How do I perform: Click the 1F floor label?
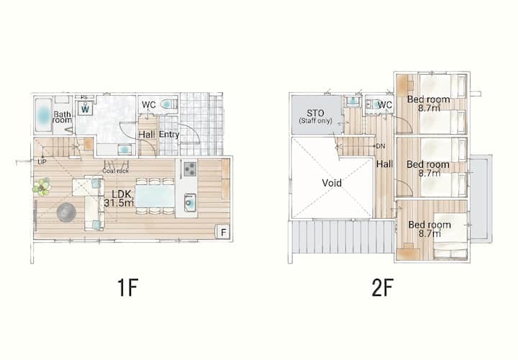pos(127,287)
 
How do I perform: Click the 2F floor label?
pos(383,287)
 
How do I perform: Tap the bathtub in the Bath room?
pos(43,115)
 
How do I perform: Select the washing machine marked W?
pos(85,108)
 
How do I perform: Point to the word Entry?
pos(169,135)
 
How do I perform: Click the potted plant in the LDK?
pos(42,187)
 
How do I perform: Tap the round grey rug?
pos(66,212)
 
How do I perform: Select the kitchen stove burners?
pos(190,169)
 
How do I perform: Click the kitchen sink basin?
pos(190,202)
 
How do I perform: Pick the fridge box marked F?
pos(223,232)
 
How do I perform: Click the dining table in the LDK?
pos(155,196)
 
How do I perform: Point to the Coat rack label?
pos(115,171)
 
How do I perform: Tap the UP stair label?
pos(42,162)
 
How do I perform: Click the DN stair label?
pos(381,146)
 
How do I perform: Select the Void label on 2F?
pos(332,183)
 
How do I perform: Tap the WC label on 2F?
pos(385,105)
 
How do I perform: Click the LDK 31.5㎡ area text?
pos(119,198)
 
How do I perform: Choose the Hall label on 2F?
pos(385,164)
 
